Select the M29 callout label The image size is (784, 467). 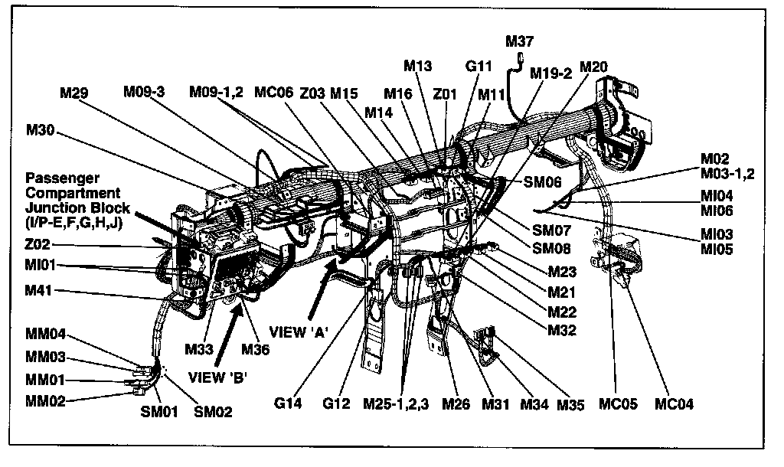(74, 93)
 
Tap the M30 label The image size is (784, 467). (40, 130)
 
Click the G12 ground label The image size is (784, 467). (338, 403)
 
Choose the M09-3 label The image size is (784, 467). (144, 93)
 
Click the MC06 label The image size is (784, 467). (273, 93)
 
